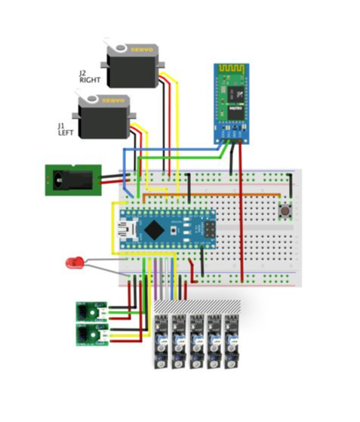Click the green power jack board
72,180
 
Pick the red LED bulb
73,263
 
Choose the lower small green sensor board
91,332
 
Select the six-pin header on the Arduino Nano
206,226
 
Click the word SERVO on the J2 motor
143,49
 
